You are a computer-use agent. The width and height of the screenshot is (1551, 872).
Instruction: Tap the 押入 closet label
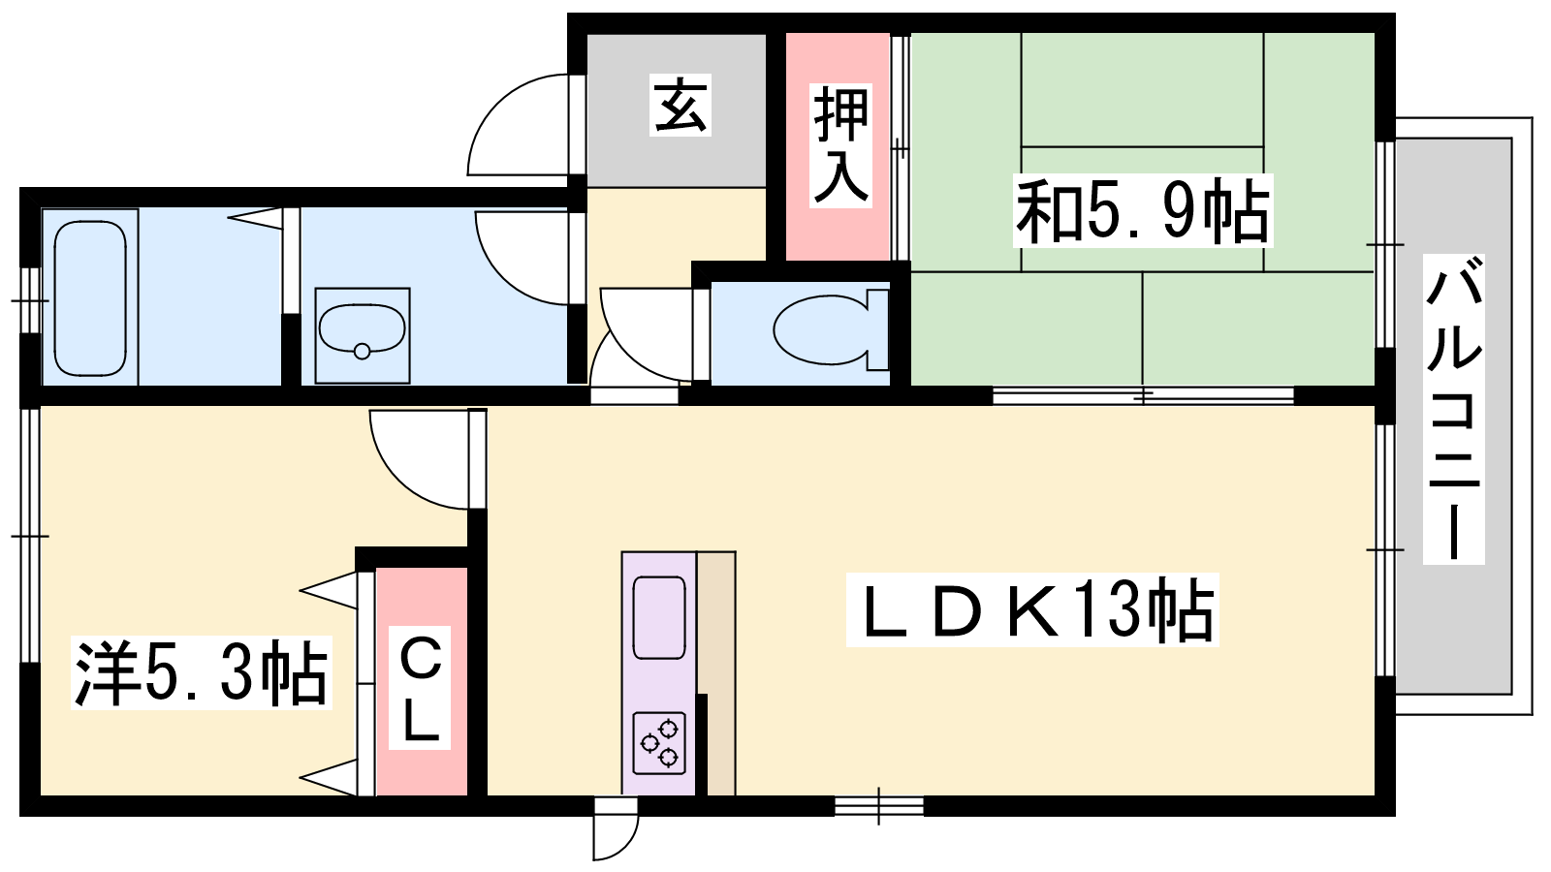[840, 146]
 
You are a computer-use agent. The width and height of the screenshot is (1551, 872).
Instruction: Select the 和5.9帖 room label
[1143, 210]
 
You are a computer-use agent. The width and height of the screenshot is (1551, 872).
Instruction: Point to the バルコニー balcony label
[1453, 408]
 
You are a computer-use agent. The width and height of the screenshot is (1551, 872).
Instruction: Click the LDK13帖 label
[1031, 609]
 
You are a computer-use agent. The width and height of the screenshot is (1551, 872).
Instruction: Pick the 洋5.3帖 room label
[202, 672]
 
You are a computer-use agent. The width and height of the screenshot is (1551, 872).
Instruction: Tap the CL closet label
[420, 688]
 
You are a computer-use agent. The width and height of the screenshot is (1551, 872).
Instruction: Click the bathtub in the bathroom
[91, 298]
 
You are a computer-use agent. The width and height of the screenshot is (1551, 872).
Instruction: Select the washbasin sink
[363, 335]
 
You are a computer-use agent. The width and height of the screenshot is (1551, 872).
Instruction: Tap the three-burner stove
[659, 742]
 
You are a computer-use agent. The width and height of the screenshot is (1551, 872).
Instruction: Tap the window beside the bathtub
[30, 300]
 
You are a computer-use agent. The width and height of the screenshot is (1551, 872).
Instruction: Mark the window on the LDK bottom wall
[878, 806]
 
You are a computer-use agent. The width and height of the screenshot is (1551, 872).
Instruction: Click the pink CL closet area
[422, 682]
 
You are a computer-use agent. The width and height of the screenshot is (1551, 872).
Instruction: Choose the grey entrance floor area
[677, 110]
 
